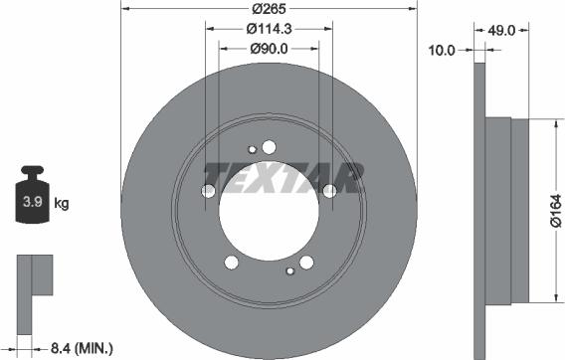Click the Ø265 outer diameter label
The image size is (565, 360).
(269, 9)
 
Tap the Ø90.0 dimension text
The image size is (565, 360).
(269, 49)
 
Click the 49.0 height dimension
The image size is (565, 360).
(501, 31)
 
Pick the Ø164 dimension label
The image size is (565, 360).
(555, 211)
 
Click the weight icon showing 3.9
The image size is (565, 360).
(32, 203)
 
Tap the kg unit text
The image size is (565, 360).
(62, 205)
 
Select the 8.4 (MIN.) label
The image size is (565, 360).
(82, 347)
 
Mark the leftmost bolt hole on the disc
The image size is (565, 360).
(209, 191)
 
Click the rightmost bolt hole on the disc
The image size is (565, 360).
(329, 191)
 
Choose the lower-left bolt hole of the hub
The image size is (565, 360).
(232, 263)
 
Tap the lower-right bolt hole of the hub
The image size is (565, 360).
(306, 263)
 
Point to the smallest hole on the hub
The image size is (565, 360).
(253, 150)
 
